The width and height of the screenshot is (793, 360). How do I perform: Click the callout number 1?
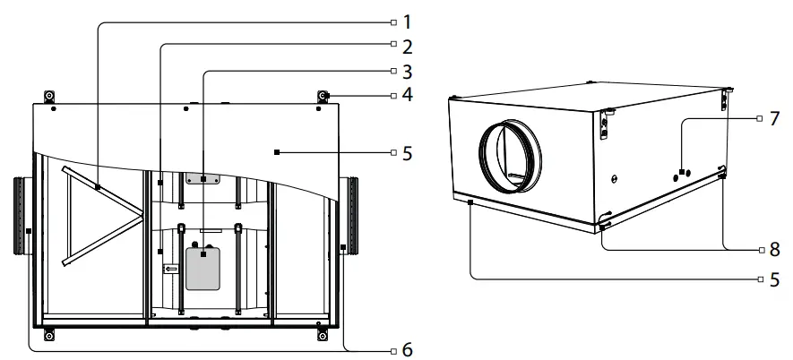coord(407,19)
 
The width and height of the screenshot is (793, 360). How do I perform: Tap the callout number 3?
coord(407,69)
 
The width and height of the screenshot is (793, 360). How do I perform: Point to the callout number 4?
coord(407,94)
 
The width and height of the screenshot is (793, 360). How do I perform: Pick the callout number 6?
coord(407,347)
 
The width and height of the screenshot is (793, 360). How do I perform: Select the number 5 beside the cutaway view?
coord(407,153)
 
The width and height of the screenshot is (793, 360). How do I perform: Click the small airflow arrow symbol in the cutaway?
coord(170,267)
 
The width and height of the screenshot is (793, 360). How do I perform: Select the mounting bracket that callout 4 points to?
coord(323,96)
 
